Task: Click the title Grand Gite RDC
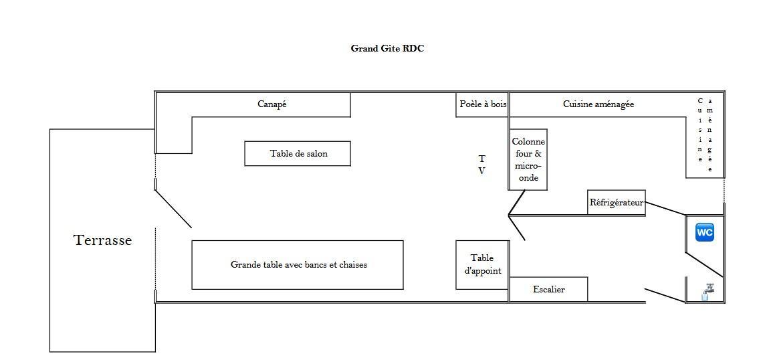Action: click(387, 48)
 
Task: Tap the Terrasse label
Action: click(102, 240)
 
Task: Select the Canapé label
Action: click(271, 104)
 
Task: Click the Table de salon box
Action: click(298, 153)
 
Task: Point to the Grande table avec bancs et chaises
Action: click(298, 265)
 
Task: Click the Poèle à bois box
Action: click(482, 104)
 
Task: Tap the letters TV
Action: click(482, 165)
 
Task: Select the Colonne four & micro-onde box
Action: click(528, 159)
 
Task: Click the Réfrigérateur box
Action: click(617, 202)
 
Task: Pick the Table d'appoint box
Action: click(482, 265)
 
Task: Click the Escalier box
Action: click(548, 290)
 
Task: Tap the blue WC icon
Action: click(705, 232)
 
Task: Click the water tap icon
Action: click(707, 292)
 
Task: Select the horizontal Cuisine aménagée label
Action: click(599, 104)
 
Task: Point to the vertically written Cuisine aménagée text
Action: click(705, 135)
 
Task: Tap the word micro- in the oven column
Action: click(528, 166)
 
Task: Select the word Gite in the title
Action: click(391, 48)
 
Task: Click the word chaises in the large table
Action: click(353, 265)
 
